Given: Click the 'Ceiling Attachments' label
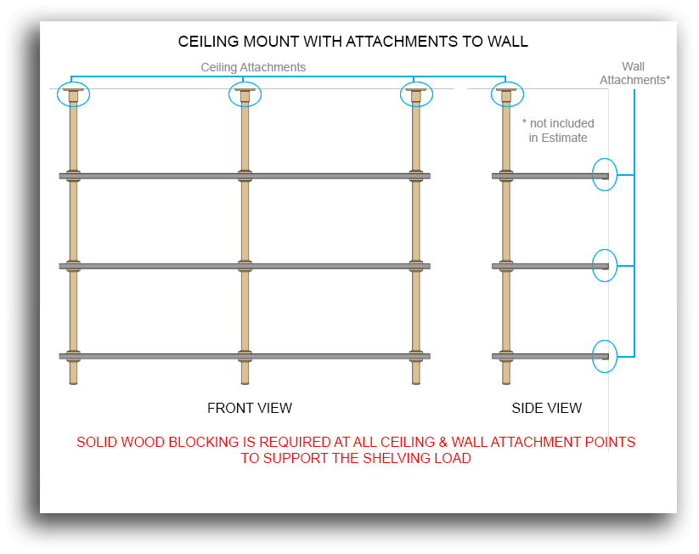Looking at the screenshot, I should tap(253, 67).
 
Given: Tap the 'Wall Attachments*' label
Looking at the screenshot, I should tap(634, 73).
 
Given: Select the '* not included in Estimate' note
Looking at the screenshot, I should tap(558, 131).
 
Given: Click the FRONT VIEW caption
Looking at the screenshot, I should tap(250, 409).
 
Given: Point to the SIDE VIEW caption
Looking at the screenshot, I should tap(547, 409).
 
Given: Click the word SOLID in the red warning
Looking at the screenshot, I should tap(99, 443).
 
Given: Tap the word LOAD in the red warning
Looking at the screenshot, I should tap(453, 459).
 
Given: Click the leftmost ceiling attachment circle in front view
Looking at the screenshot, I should tap(73, 94).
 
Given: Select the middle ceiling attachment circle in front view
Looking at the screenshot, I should tap(245, 94).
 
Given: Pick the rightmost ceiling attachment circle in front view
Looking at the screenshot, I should tap(416, 94).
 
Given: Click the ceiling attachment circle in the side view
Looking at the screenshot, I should tap(506, 94).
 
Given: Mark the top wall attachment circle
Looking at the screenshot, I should tap(604, 175).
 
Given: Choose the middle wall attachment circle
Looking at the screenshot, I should tap(604, 265).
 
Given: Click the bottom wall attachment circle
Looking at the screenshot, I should tap(604, 356).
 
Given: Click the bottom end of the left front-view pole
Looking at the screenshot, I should tap(73, 382).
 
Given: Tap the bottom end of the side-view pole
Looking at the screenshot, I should tap(506, 382).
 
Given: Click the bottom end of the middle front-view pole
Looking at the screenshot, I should tap(245, 382).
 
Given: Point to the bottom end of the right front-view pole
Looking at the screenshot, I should tap(416, 382).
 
